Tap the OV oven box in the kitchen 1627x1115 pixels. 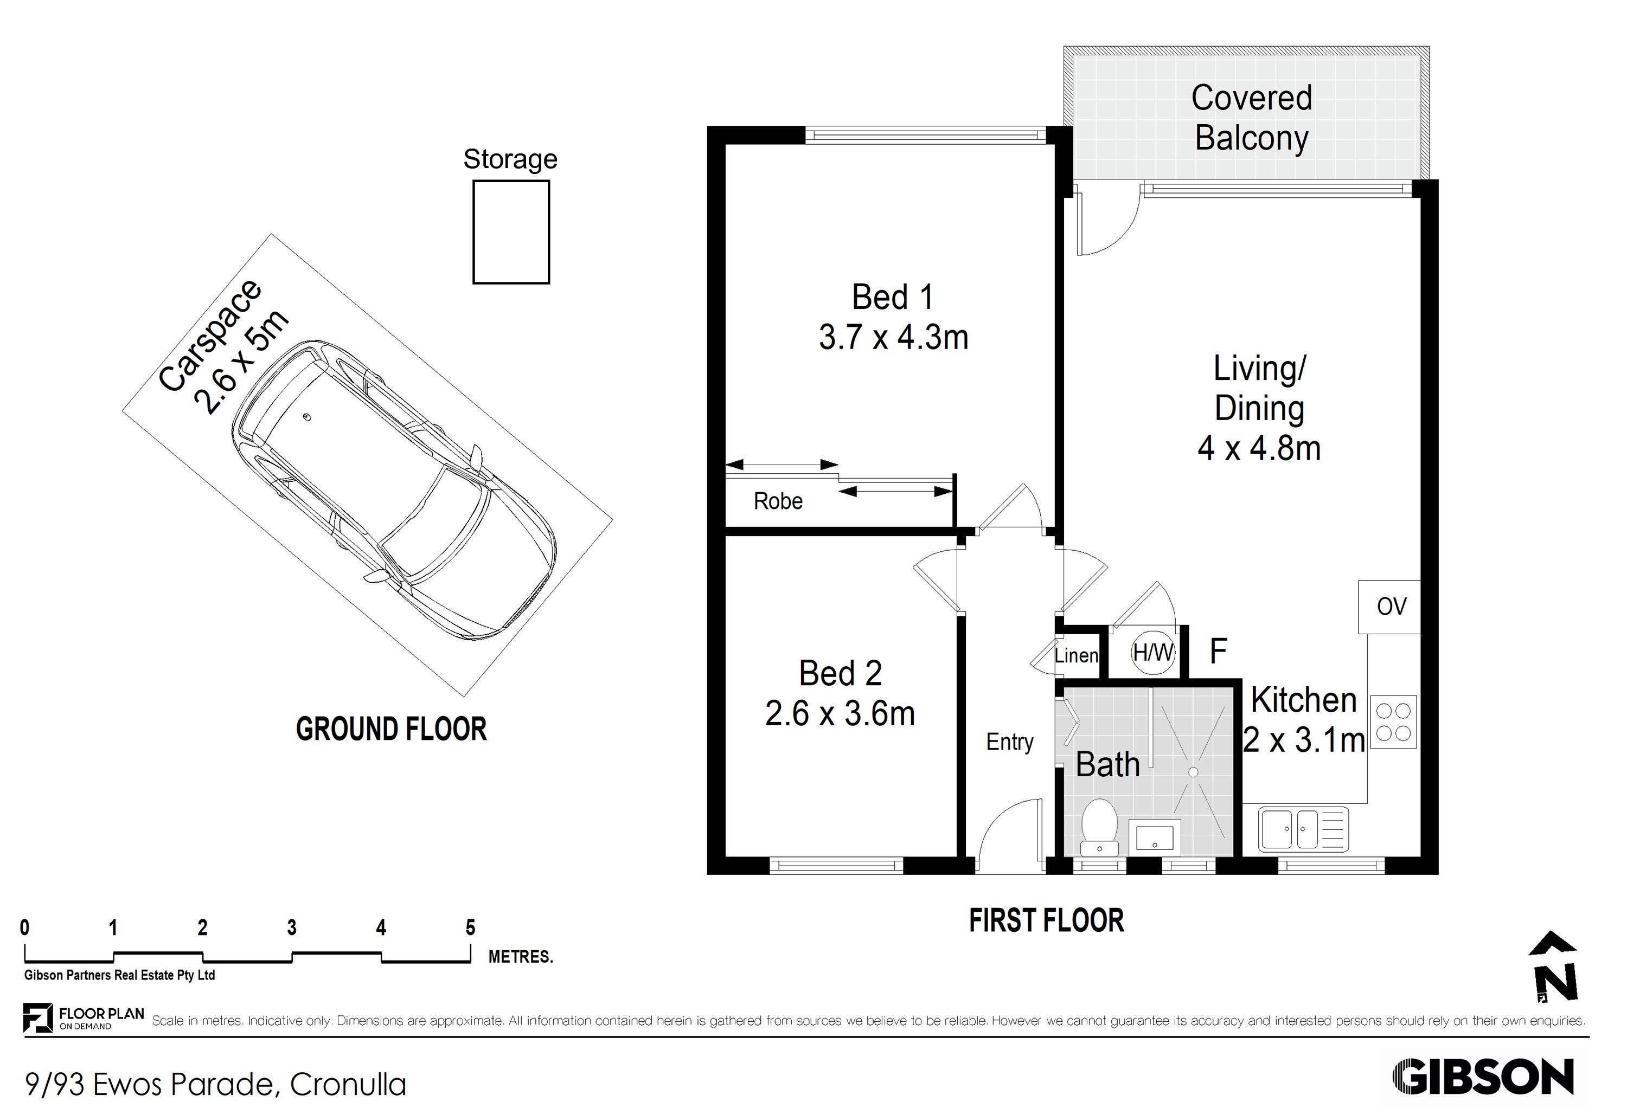click(1389, 606)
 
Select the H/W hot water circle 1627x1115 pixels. click(1153, 652)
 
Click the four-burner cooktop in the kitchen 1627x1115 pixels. click(1393, 721)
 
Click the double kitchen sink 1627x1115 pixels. click(1303, 829)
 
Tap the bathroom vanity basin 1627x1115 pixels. click(1155, 836)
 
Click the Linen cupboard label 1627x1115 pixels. click(1076, 655)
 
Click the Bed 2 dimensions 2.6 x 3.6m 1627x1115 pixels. click(840, 714)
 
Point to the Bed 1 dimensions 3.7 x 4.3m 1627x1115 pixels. click(893, 337)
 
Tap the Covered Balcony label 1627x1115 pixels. click(1251, 118)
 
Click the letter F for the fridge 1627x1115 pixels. click(1218, 651)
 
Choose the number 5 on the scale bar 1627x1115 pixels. click(470, 928)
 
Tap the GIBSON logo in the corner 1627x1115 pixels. click(1483, 1077)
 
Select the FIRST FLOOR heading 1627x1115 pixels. click(1046, 920)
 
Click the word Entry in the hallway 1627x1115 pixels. click(1009, 743)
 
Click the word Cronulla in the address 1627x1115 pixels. click(348, 1085)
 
